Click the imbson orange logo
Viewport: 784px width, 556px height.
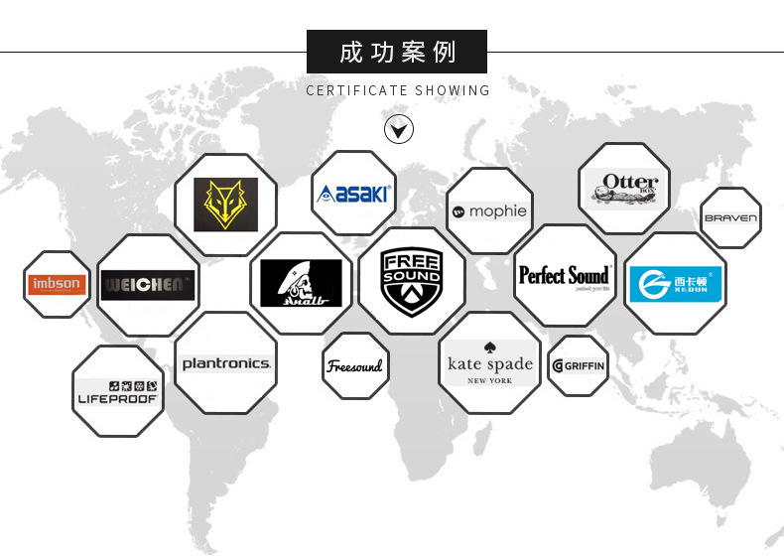[x=57, y=285]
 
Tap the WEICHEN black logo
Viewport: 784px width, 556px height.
[x=148, y=285]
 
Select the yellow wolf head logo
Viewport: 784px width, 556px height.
[x=225, y=205]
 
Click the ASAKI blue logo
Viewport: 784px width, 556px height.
[x=353, y=193]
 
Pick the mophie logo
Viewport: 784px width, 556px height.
[x=489, y=211]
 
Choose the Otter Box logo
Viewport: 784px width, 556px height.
[x=623, y=187]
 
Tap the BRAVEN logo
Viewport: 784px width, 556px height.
[x=730, y=217]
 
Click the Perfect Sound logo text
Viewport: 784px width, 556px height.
[x=565, y=275]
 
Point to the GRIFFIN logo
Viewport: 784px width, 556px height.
[x=578, y=365]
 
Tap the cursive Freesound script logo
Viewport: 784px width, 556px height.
[x=354, y=366]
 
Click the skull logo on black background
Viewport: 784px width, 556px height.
[x=301, y=283]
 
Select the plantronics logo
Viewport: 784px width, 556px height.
[x=225, y=363]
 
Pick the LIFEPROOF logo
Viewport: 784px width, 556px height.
[x=118, y=392]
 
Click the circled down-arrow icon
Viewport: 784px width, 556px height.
[x=398, y=129]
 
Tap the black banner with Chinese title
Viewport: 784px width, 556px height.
[x=397, y=52]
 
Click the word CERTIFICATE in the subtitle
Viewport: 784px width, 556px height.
[x=357, y=90]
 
